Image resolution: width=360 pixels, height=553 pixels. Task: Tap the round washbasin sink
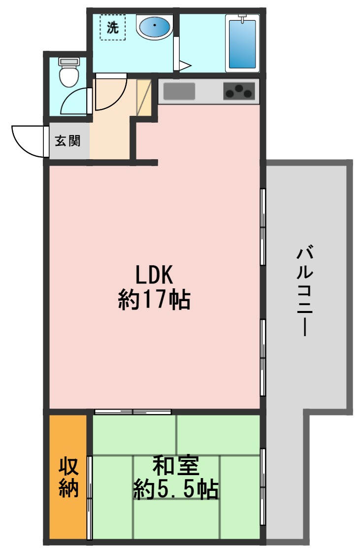point(155,27)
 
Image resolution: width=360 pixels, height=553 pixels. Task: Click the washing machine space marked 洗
point(113,28)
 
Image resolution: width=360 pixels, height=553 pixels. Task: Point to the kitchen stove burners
point(239,91)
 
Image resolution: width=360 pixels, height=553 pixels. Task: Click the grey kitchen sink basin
point(179,91)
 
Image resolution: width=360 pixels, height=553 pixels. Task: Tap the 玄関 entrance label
point(68,141)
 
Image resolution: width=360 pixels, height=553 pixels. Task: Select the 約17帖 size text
point(154,299)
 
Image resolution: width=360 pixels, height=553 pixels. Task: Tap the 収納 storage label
point(68,476)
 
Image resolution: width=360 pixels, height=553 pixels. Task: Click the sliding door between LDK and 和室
point(133,412)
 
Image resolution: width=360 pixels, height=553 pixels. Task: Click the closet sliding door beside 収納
point(90,497)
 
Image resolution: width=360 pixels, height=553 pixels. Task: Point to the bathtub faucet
point(242,18)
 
